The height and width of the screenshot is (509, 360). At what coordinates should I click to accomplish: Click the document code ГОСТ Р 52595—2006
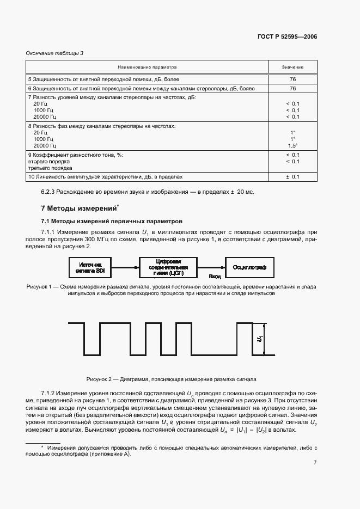point(287,37)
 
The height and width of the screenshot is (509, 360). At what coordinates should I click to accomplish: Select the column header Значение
point(292,68)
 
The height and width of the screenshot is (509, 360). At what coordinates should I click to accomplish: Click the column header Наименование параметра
point(148,68)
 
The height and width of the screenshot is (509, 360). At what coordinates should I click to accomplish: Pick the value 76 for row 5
point(292,79)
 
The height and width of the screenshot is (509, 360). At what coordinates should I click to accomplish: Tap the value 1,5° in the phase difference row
point(292,146)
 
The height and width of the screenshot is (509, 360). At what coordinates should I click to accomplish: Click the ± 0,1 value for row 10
point(292,177)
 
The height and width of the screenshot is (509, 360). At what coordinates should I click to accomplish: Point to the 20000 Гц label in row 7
point(45,116)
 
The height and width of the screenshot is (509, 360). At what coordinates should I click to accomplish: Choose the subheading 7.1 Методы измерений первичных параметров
point(112,221)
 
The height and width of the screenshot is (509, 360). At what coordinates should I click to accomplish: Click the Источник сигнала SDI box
point(90,267)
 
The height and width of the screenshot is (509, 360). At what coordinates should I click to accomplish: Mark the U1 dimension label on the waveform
point(260,339)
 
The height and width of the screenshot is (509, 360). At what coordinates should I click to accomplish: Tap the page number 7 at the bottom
point(315,463)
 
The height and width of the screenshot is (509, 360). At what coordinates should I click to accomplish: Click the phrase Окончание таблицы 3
point(54,53)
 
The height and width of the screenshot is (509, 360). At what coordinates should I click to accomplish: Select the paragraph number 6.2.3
point(50,192)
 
